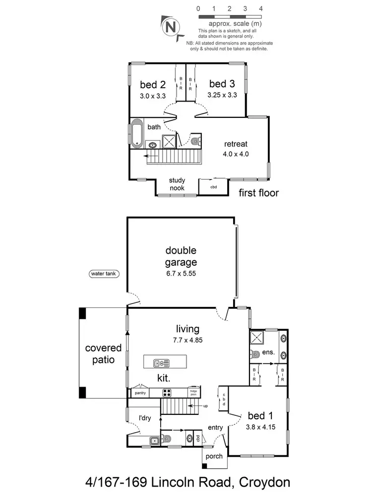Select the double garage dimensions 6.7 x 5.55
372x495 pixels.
[x=182, y=273]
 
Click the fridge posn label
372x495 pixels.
[x=193, y=393]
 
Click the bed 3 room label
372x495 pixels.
[x=221, y=84]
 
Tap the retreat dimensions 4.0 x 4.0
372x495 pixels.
[x=236, y=154]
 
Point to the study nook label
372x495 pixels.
[x=177, y=184]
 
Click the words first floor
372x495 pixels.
[x=259, y=193]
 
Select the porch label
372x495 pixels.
[x=214, y=456]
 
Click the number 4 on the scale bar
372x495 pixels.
[x=260, y=9]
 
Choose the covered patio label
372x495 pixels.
[x=100, y=353]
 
